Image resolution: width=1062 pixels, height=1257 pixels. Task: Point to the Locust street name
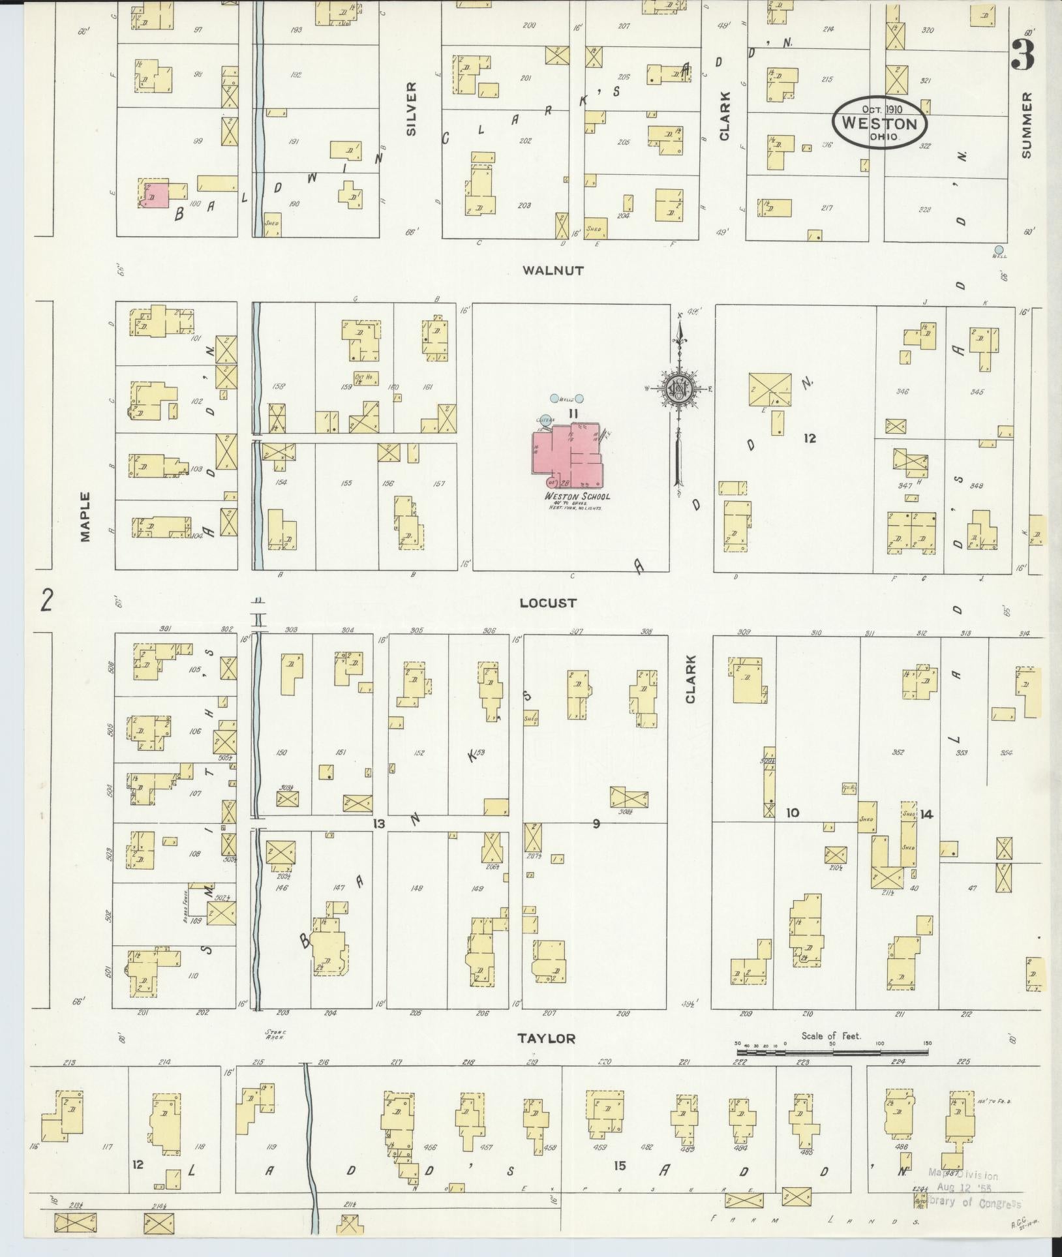tap(548, 603)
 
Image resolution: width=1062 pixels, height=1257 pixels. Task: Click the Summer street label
tap(1027, 125)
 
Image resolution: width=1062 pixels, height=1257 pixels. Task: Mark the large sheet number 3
tap(1022, 55)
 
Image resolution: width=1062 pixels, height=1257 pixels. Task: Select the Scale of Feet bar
tap(832, 1052)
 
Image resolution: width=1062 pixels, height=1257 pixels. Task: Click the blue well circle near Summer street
tap(999, 249)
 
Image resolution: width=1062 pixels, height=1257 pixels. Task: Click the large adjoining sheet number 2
tap(46, 601)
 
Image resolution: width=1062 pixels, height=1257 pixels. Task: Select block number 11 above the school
tap(573, 413)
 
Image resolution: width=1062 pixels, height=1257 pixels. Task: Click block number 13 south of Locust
tap(378, 825)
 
